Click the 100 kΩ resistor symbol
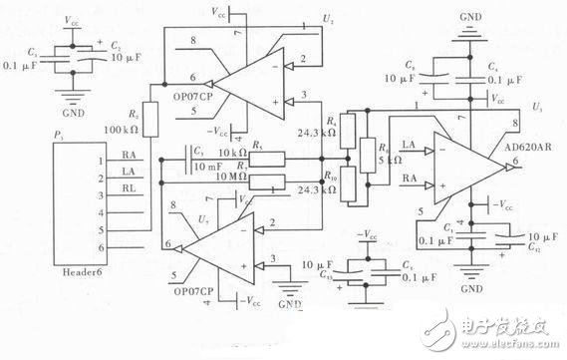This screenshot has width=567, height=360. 150,117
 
